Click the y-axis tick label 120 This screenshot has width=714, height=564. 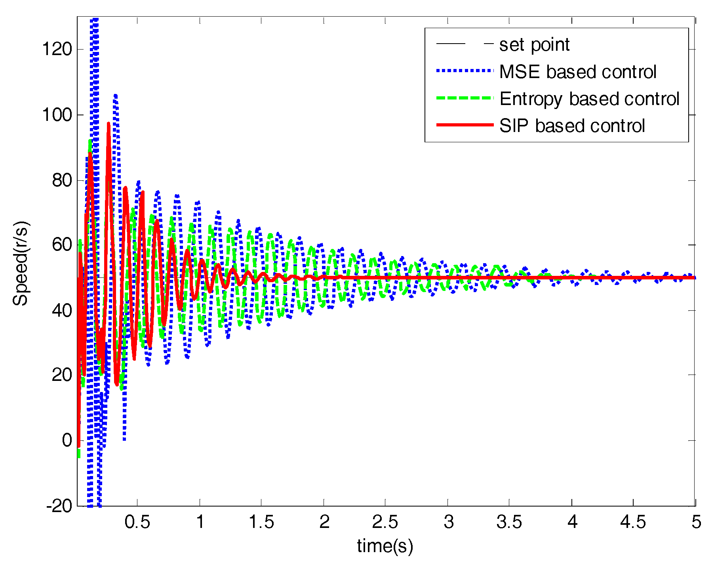57,50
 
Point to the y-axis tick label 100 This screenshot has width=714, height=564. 57,115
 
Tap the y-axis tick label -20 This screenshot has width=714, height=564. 59,506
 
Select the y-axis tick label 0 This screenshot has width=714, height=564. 67,441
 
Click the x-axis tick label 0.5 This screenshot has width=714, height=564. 137,522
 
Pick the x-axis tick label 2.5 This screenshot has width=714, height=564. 385,522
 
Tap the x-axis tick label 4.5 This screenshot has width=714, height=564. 633,522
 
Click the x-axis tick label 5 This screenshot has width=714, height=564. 696,522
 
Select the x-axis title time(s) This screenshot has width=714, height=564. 385,546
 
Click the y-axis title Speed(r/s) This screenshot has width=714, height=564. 21,264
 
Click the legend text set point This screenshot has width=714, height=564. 534,45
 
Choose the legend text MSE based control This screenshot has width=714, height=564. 578,72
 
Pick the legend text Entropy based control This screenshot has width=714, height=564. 589,99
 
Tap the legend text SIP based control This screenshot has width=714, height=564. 572,126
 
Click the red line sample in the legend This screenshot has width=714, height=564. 465,125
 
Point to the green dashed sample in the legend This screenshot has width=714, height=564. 465,98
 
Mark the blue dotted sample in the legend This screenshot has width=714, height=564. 465,71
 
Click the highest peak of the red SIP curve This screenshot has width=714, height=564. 109,124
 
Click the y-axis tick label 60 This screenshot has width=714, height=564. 61,245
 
